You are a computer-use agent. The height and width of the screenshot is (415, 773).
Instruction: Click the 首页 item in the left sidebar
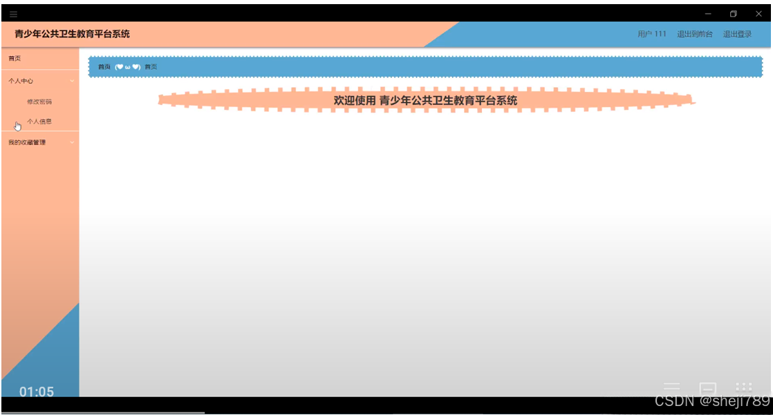(x=15, y=59)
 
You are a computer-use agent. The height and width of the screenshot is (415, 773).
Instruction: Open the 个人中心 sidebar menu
(x=21, y=81)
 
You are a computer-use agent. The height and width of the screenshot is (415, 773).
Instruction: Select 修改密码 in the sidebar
(x=39, y=102)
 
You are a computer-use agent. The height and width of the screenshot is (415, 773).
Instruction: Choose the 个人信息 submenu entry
(x=39, y=122)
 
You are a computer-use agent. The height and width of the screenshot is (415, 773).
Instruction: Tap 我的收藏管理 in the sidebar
(x=27, y=142)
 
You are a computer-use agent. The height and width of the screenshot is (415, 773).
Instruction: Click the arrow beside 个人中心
(x=72, y=81)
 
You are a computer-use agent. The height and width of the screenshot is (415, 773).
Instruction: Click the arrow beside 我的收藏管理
(x=72, y=142)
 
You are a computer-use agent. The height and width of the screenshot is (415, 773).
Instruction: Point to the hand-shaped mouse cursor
(x=18, y=126)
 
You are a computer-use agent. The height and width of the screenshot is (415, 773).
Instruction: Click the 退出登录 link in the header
(x=737, y=35)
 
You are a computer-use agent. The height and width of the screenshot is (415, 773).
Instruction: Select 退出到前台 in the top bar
(x=695, y=35)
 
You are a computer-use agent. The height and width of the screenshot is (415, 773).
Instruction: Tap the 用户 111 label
(x=652, y=35)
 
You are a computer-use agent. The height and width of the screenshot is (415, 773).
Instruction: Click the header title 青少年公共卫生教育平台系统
(x=72, y=34)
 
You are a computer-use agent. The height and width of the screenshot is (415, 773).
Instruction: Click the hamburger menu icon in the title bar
(x=14, y=14)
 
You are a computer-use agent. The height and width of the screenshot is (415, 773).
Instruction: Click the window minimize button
(x=708, y=14)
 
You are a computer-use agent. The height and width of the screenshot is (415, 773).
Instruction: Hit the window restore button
(x=733, y=14)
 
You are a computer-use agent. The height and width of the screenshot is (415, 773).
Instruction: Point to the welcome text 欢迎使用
(x=355, y=101)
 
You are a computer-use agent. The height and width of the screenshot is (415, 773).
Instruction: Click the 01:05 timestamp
(x=37, y=392)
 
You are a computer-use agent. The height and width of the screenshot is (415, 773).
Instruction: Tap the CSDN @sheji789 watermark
(x=711, y=401)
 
